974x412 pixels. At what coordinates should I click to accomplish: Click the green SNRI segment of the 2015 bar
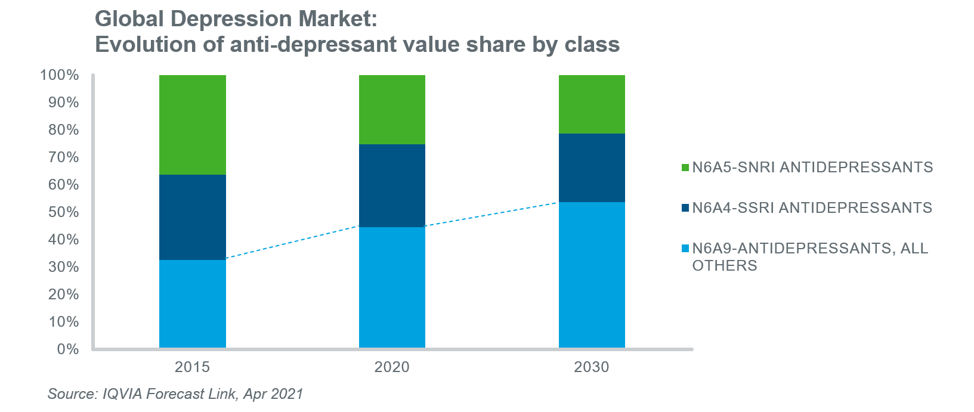pos(192,125)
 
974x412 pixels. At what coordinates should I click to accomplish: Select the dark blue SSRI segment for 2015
pos(192,217)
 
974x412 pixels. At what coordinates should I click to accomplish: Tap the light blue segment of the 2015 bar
pos(192,303)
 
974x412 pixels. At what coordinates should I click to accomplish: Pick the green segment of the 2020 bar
pos(392,110)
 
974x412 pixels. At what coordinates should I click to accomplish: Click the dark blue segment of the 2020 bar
pos(392,185)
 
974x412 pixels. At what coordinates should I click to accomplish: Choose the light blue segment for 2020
pos(392,287)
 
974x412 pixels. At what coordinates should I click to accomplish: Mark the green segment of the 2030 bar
pos(592,104)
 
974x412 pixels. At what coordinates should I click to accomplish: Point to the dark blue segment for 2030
pos(592,168)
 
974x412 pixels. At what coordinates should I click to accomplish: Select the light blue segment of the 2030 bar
pos(592,275)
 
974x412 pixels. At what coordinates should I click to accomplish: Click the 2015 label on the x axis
pos(192,367)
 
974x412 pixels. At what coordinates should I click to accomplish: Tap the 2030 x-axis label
pos(592,367)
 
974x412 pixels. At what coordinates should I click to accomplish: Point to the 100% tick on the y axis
pos(59,75)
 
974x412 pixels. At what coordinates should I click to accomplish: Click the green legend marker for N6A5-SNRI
pos(685,168)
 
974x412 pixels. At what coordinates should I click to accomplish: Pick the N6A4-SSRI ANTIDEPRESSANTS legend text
pos(812,207)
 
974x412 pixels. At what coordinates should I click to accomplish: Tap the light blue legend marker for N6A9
pos(685,249)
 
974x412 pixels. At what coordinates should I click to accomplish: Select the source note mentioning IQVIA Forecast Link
pos(175,394)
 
